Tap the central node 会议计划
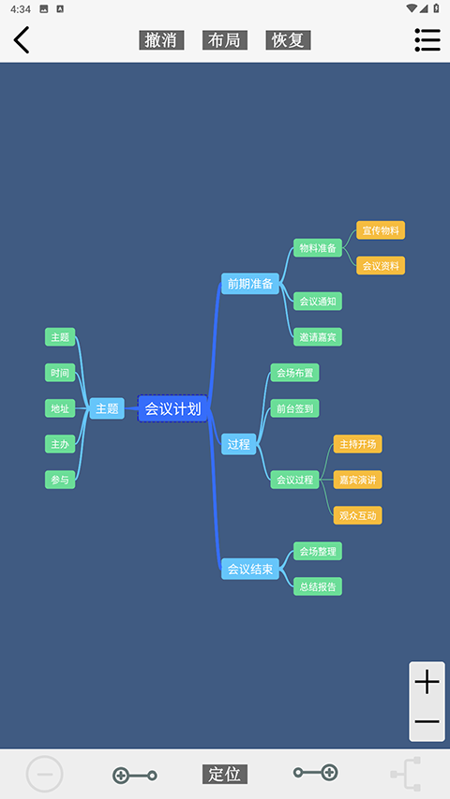pos(172,408)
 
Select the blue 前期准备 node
pos(250,283)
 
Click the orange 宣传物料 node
pos(381,230)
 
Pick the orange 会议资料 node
pos(381,265)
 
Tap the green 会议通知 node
pos(318,302)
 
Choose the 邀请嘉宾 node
pos(318,337)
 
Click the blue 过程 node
pos(239,444)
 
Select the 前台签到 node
pos(295,408)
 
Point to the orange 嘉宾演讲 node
pos(357,480)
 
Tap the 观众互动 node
pos(357,515)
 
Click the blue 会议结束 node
pos(250,569)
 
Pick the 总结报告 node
pos(318,586)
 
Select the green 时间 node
pos(60,373)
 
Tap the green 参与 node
pos(60,480)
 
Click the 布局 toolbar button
pos(224,40)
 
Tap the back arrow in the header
pos(22,39)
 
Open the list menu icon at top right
pos(427,39)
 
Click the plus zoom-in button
pos(427,682)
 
